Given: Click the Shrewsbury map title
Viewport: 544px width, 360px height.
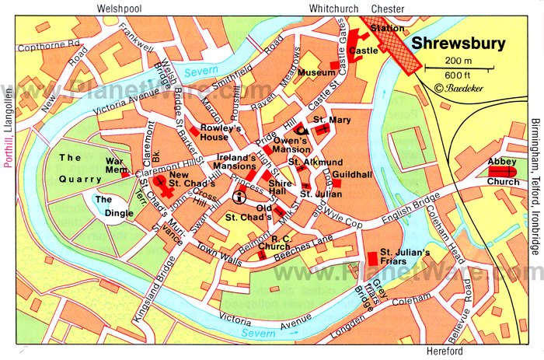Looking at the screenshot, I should coord(458,44).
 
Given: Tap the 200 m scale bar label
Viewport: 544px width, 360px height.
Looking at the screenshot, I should coord(459,61).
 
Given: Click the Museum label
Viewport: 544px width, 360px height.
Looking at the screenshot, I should coord(316,72).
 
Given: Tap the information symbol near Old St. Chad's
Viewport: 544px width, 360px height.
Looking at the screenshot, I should coord(238,197).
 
